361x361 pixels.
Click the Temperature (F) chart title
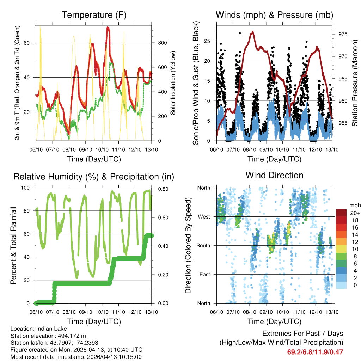tap(94, 15)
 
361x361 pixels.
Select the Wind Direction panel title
tap(274, 175)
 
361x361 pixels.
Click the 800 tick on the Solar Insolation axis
tap(162, 43)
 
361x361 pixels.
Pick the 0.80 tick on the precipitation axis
tap(162, 189)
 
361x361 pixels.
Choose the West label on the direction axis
tap(204, 216)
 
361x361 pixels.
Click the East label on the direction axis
tap(204, 274)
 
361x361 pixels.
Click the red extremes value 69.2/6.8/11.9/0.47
tap(316, 352)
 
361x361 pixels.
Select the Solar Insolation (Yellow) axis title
tap(173, 83)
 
